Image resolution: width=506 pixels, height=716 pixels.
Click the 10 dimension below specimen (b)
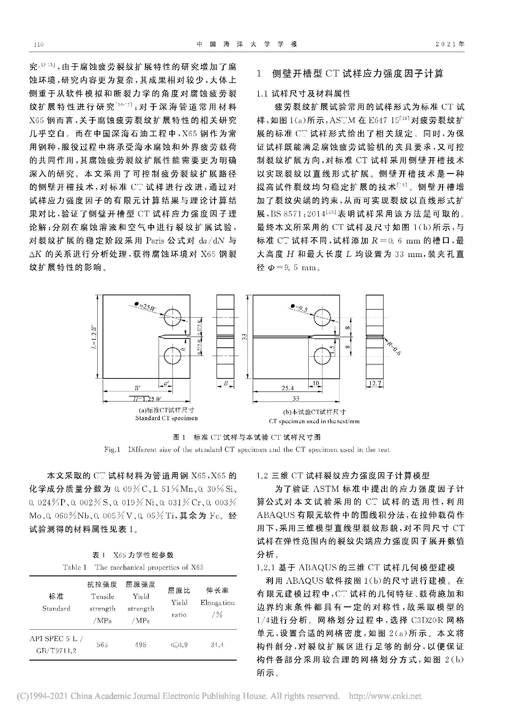pyautogui.click(x=316, y=383)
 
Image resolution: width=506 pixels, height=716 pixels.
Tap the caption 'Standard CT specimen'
pyautogui.click(x=166, y=418)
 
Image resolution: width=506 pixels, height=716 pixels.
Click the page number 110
pyautogui.click(x=38, y=44)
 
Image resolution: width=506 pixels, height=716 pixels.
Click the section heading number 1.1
pyautogui.click(x=263, y=93)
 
